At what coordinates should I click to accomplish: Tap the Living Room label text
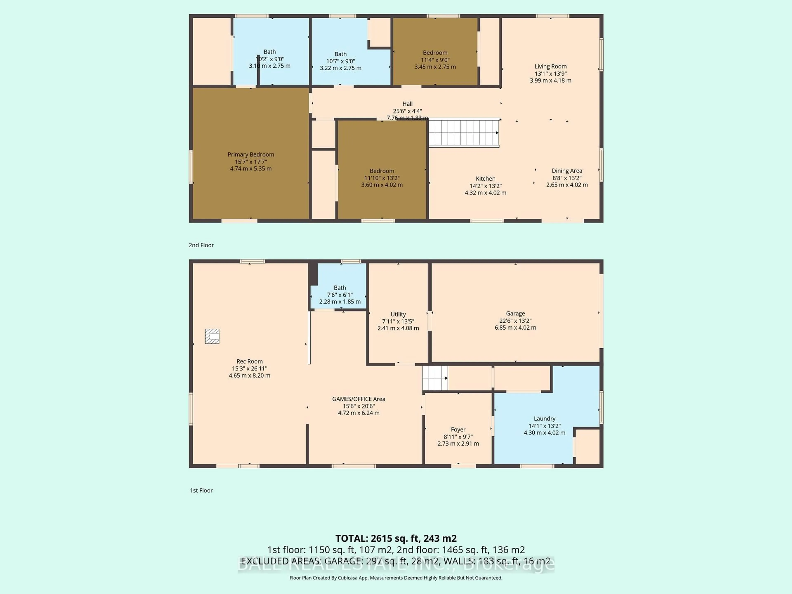coord(550,67)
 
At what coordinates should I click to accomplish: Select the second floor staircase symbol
coord(464,133)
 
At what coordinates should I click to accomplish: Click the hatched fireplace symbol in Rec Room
coord(212,336)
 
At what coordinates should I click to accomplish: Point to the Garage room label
coord(515,314)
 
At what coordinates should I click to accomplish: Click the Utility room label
coord(398,314)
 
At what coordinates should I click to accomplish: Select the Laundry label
coord(544,418)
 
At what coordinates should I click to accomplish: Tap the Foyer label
coord(458,430)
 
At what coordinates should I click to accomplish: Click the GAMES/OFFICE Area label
coord(358,399)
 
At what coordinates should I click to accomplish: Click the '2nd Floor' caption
coord(201,245)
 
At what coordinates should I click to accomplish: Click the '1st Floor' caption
coord(201,490)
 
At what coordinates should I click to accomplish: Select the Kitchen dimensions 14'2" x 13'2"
coord(486,186)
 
